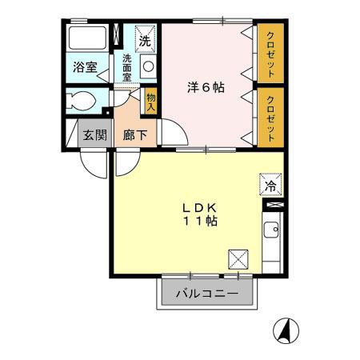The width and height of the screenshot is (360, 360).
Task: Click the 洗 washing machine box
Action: [x=145, y=39]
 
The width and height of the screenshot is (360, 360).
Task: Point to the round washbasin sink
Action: [x=148, y=67]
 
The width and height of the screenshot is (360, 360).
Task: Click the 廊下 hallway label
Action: [x=134, y=134]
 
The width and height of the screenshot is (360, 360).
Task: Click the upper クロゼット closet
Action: [x=270, y=54]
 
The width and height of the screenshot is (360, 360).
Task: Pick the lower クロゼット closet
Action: [x=270, y=117]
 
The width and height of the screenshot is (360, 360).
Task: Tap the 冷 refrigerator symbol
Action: [x=270, y=186]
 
